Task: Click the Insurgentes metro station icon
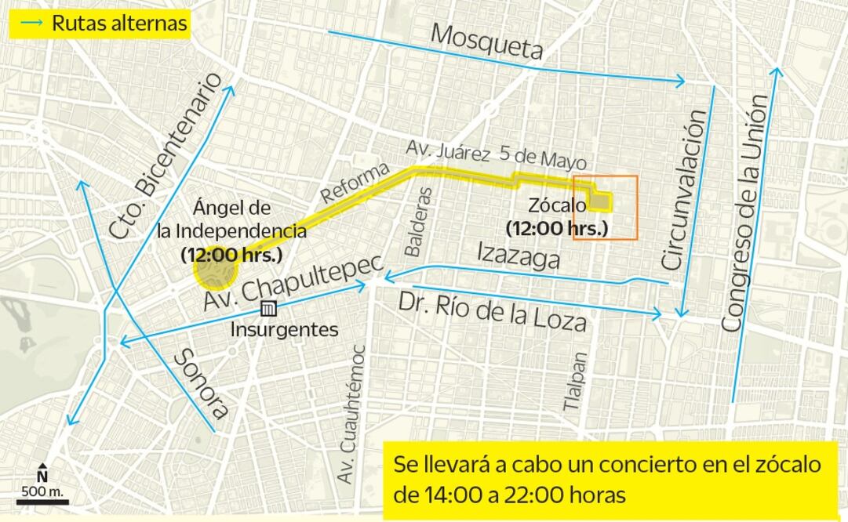[269, 309]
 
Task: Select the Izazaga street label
[519, 256]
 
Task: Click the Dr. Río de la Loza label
[492, 312]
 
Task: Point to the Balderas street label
[413, 222]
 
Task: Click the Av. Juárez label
[448, 150]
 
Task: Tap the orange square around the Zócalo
[605, 208]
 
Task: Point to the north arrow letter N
[42, 475]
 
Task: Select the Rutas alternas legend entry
[100, 24]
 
